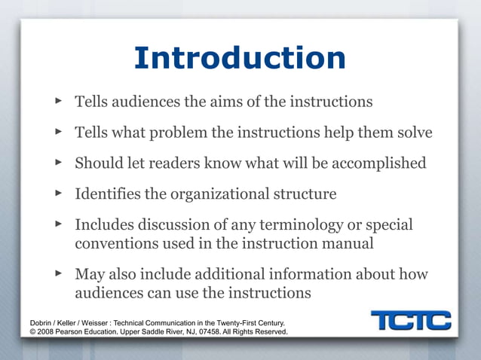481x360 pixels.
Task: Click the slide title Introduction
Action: click(240, 59)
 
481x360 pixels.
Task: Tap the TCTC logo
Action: click(411, 321)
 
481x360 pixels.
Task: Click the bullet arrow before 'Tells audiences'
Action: click(60, 100)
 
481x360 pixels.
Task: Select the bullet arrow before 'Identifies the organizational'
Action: click(60, 194)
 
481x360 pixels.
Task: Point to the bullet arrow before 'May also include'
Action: click(60, 273)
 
